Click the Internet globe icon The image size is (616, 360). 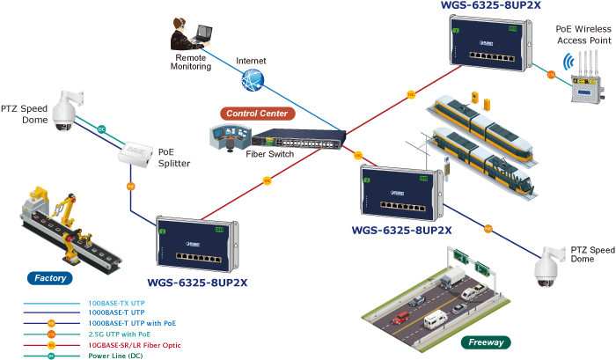click(x=253, y=79)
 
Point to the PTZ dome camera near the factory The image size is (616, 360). click(x=63, y=111)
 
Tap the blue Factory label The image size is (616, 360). click(x=50, y=278)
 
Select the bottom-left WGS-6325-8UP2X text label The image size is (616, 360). click(x=198, y=283)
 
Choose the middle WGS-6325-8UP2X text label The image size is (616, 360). click(x=401, y=231)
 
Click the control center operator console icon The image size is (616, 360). click(x=227, y=135)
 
